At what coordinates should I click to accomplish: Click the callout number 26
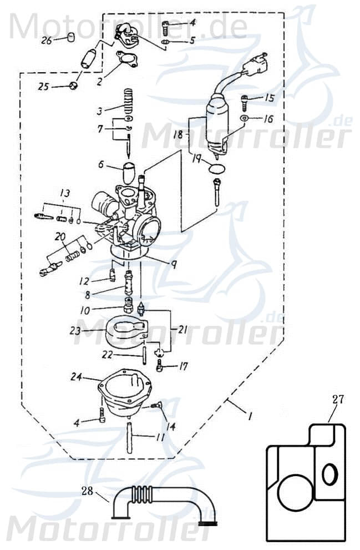point(46,40)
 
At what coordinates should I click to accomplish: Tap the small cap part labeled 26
point(70,38)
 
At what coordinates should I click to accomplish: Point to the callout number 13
point(65,193)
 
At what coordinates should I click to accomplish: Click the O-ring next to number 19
point(217,168)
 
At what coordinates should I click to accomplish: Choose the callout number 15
point(269,98)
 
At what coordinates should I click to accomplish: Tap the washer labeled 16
point(244,119)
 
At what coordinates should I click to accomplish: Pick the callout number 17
point(182,366)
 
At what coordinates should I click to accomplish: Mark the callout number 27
point(338,398)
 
